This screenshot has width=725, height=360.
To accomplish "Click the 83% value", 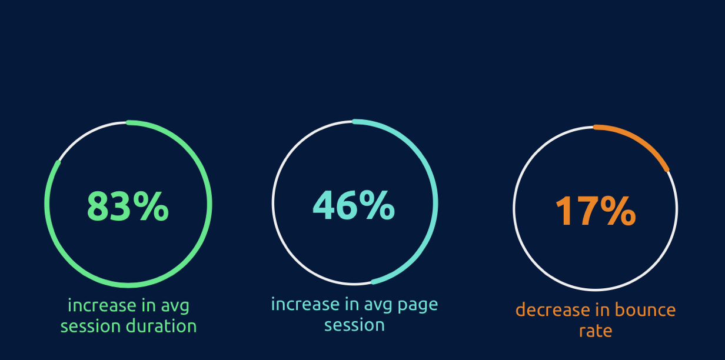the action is coord(128,206).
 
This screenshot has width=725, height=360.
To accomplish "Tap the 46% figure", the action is coord(354,205).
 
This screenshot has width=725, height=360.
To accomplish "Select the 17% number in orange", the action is coord(596,211).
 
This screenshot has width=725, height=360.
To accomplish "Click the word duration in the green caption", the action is coord(161,325).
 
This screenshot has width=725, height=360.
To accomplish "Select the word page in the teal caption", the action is coord(418,305).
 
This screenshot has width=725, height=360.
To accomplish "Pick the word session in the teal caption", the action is coord(354,325).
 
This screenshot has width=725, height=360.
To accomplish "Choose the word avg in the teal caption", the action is coord(378,305).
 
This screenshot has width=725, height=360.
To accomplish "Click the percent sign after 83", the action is coord(151,206).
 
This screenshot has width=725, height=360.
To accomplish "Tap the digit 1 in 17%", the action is coord(564,211).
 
